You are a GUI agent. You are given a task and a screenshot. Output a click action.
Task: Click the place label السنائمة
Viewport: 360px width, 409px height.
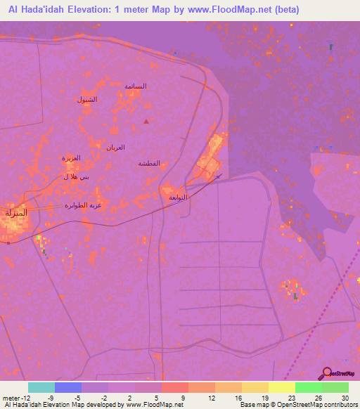tap(135, 86)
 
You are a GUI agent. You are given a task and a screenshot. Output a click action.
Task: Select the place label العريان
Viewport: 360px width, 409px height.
tap(115, 147)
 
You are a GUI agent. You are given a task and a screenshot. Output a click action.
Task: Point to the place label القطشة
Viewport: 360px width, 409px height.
tap(148, 163)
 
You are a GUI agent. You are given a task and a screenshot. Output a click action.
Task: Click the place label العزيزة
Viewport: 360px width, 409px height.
tap(71, 158)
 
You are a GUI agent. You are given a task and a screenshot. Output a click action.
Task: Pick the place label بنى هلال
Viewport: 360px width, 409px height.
tap(76, 177)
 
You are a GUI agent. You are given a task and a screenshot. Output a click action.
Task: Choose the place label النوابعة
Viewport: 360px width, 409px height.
tap(178, 197)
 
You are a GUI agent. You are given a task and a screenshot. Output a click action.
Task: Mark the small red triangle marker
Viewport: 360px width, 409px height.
tap(146, 122)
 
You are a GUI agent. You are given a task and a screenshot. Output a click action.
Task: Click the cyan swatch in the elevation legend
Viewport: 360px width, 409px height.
tap(41, 387)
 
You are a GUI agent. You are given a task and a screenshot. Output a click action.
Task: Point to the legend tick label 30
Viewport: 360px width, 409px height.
tap(345, 398)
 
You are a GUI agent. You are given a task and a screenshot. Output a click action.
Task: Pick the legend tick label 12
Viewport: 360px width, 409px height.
tap(210, 398)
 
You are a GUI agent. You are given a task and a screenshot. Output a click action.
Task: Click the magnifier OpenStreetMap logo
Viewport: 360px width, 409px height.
tap(326, 373)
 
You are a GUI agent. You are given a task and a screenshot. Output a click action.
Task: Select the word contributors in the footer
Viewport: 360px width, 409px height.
tap(340, 405)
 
